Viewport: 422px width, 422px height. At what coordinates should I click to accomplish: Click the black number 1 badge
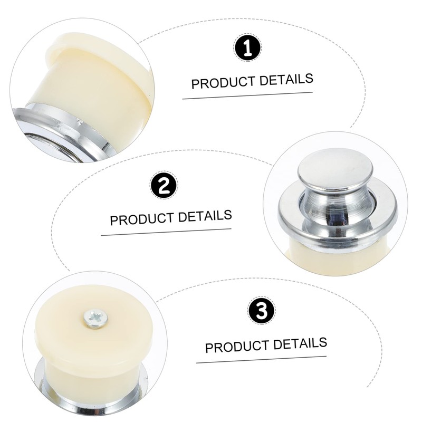pyautogui.click(x=247, y=50)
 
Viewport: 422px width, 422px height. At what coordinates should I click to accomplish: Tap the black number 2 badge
pyautogui.click(x=164, y=186)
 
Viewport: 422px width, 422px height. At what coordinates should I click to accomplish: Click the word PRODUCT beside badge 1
pyautogui.click(x=222, y=83)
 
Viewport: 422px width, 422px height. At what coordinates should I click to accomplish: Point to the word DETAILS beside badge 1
pyautogui.click(x=287, y=80)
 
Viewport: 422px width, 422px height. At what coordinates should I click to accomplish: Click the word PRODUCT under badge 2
pyautogui.click(x=141, y=219)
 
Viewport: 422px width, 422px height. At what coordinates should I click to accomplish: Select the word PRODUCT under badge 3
pyautogui.click(x=235, y=347)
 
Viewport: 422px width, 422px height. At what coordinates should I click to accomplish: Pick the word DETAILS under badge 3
pyautogui.click(x=301, y=343)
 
